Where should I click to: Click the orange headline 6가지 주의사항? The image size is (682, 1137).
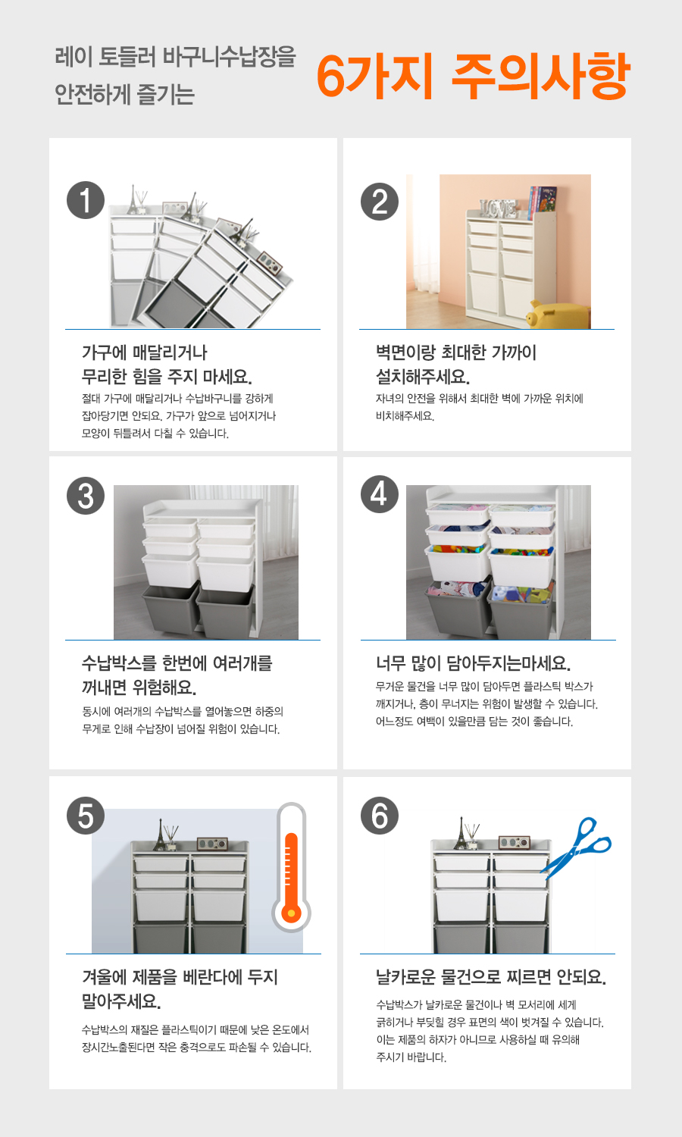pyautogui.click(x=473, y=76)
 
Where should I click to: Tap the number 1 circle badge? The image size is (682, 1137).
pyautogui.click(x=86, y=200)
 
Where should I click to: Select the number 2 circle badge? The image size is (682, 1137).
pyautogui.click(x=380, y=202)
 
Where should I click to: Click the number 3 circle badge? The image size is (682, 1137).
pyautogui.click(x=86, y=496)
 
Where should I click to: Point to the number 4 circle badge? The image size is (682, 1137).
pyautogui.click(x=380, y=494)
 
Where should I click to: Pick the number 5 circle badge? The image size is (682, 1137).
pyautogui.click(x=86, y=816)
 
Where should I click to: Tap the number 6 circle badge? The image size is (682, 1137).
pyautogui.click(x=380, y=816)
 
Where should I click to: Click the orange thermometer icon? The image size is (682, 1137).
pyautogui.click(x=291, y=867)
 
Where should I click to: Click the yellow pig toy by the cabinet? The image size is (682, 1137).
pyautogui.click(x=558, y=315)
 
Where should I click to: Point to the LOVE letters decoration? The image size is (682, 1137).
pyautogui.click(x=499, y=208)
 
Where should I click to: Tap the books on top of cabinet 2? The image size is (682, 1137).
pyautogui.click(x=542, y=200)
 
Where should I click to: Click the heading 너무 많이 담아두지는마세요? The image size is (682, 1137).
pyautogui.click(x=473, y=663)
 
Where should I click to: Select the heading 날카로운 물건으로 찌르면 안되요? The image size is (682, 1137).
pyautogui.click(x=491, y=976)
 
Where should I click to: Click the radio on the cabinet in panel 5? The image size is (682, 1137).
pyautogui.click(x=212, y=843)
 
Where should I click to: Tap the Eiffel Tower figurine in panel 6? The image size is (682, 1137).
pyautogui.click(x=461, y=833)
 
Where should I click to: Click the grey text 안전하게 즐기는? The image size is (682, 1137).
pyautogui.click(x=125, y=94)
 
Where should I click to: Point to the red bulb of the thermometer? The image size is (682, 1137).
pyautogui.click(x=291, y=913)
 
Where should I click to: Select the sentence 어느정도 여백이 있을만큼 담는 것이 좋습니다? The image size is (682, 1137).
pyautogui.click(x=474, y=722)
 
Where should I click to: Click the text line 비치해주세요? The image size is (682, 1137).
pyautogui.click(x=405, y=415)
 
